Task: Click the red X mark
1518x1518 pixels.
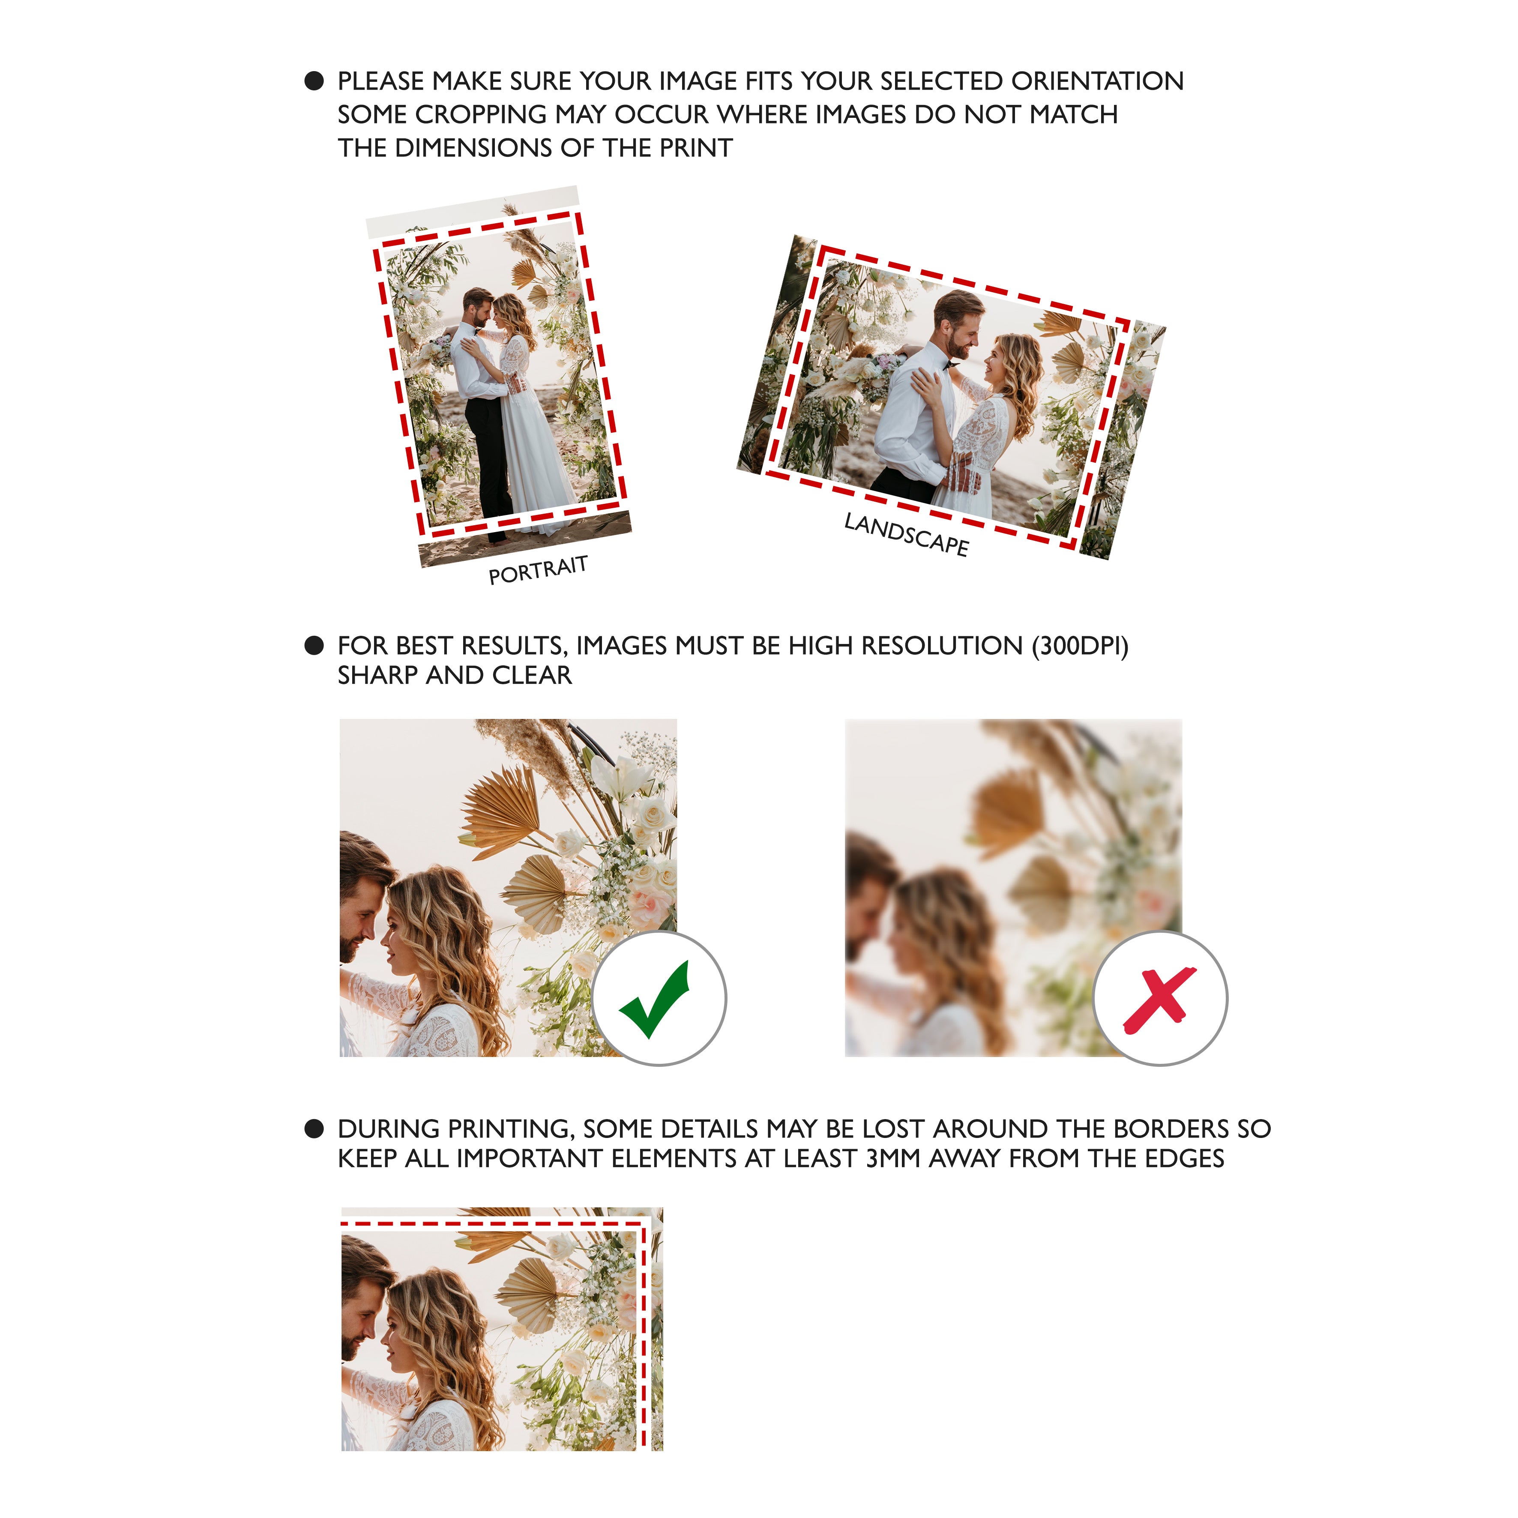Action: pos(1160,1000)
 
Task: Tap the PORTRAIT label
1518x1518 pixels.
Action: pos(538,570)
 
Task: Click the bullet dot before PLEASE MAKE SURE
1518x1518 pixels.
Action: pos(314,81)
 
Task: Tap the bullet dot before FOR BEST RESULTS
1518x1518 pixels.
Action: pos(314,646)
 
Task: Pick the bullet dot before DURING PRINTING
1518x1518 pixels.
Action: pos(314,1129)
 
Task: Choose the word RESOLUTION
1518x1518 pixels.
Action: pos(942,646)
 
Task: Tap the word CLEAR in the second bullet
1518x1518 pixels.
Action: pos(532,676)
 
